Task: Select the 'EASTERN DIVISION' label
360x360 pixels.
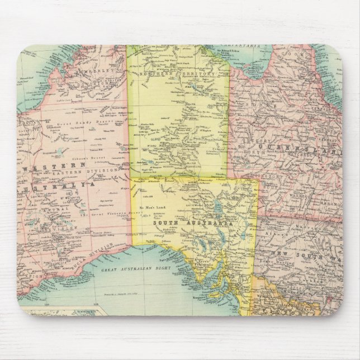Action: (92, 170)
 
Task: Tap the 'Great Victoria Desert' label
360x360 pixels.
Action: (103, 212)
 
